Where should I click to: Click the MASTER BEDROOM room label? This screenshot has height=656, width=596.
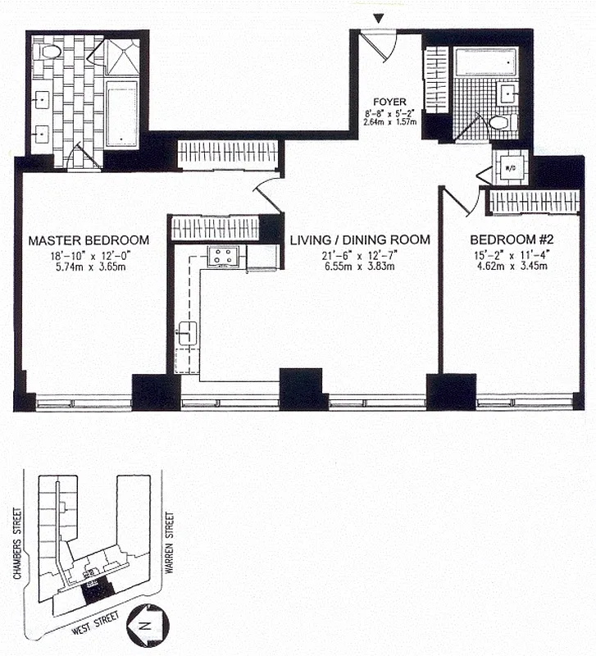[89, 240]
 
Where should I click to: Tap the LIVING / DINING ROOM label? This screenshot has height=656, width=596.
[360, 240]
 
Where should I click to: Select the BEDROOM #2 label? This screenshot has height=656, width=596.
[508, 240]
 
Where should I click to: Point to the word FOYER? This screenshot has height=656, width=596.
[389, 102]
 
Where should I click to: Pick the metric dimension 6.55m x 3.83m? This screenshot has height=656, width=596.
[360, 267]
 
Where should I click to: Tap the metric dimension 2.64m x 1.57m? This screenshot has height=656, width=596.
[389, 124]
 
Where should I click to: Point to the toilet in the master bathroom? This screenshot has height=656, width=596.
[51, 52]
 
